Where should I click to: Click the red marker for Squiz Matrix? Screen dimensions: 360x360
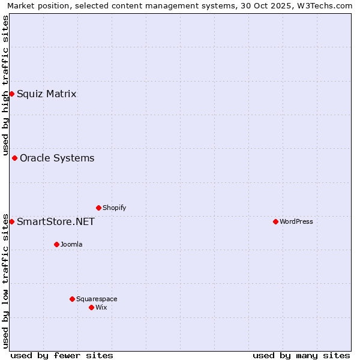tap(11, 94)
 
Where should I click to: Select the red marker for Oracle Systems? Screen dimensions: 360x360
tap(14, 158)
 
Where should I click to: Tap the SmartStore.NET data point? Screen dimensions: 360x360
tap(11, 222)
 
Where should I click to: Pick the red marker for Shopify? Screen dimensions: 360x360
tap(98, 208)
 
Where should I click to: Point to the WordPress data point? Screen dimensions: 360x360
tap(275, 222)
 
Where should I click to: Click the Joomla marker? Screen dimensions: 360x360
tap(56, 245)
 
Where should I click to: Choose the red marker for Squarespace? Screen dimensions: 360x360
tap(72, 299)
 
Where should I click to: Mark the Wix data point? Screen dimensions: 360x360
tap(91, 307)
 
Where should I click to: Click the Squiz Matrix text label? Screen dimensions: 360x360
tap(46, 94)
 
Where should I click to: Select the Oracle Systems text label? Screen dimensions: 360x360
tap(57, 158)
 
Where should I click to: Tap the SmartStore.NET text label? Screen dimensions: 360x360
tap(55, 222)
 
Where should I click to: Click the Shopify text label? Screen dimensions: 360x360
tap(114, 208)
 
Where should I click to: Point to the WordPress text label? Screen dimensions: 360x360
tap(296, 222)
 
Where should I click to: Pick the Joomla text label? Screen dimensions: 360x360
tap(71, 245)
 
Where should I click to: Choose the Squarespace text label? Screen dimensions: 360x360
tap(97, 299)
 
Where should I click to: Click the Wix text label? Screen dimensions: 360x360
tap(101, 307)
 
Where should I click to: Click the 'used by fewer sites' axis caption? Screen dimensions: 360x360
tap(62, 355)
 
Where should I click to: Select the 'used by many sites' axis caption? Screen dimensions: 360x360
tap(301, 355)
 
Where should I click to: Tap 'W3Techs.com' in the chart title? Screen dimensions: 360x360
tap(328, 6)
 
